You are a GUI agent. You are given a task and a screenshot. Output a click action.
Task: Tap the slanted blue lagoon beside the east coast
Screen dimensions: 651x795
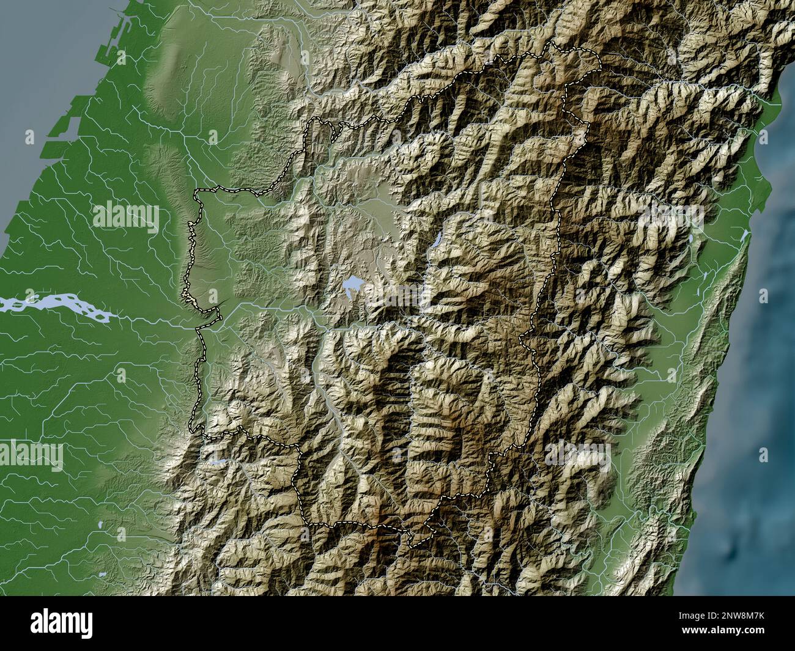pos(744,235)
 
